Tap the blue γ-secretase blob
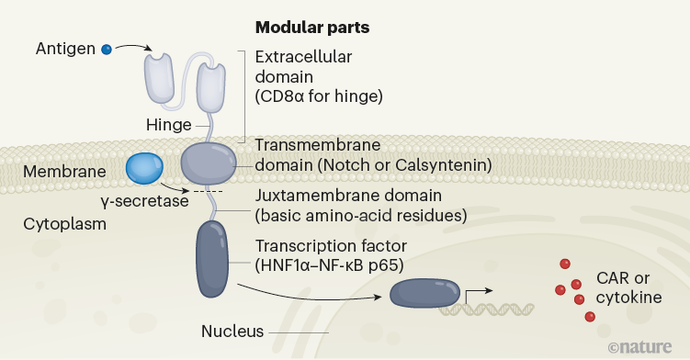pos(144,167)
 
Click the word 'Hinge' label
pos(168,124)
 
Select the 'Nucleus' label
pos(232,331)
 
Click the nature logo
pos(641,347)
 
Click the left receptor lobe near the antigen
pos(160,75)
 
